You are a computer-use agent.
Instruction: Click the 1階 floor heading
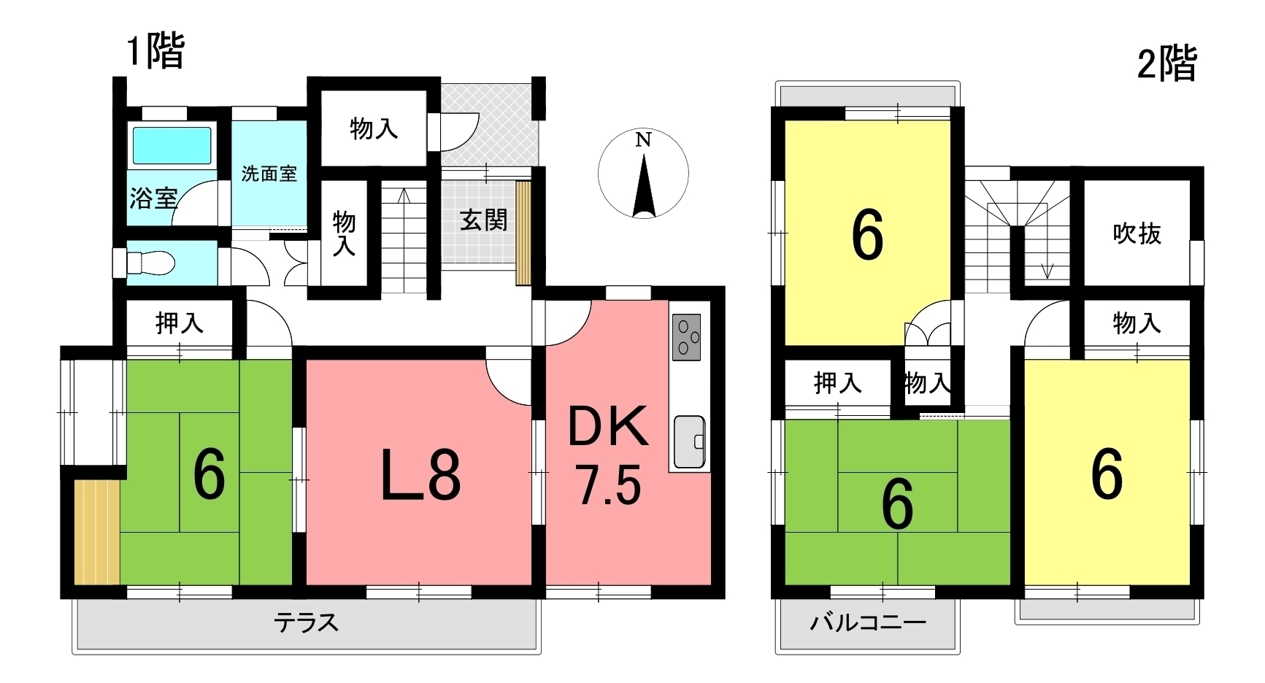pyautogui.click(x=155, y=52)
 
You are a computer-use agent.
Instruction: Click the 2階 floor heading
pyautogui.click(x=1166, y=64)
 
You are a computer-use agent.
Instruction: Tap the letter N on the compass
pyautogui.click(x=642, y=140)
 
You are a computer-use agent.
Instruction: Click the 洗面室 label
pyautogui.click(x=269, y=174)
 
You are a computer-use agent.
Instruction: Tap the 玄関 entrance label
pyautogui.click(x=483, y=220)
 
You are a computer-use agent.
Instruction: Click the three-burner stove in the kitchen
pyautogui.click(x=686, y=336)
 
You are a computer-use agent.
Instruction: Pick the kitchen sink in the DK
pyautogui.click(x=689, y=441)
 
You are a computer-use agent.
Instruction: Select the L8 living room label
pyautogui.click(x=421, y=474)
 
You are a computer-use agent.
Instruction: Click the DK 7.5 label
pyautogui.click(x=608, y=455)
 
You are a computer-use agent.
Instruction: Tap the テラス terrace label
pyautogui.click(x=307, y=622)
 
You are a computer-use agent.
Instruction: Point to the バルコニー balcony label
pyautogui.click(x=868, y=622)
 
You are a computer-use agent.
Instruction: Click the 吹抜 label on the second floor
pyautogui.click(x=1137, y=234)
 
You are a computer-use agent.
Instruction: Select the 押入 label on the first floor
pyautogui.click(x=179, y=323)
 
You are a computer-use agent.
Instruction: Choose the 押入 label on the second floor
pyautogui.click(x=837, y=382)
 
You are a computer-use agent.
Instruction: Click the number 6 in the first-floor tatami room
pyautogui.click(x=209, y=474)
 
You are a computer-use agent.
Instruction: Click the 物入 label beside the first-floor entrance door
pyautogui.click(x=374, y=129)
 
